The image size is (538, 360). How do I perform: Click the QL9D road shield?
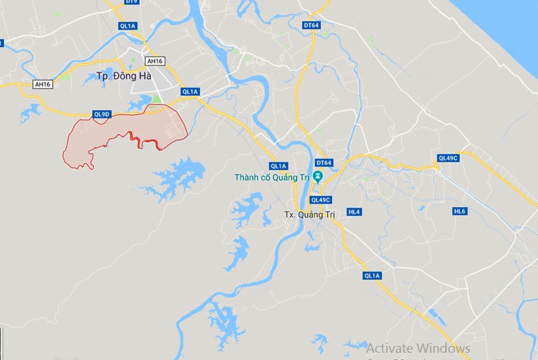tap(102, 114)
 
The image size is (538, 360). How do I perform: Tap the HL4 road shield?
tap(354, 212)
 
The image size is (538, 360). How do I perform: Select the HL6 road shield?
tap(459, 211)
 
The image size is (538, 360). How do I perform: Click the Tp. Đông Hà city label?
tap(124, 76)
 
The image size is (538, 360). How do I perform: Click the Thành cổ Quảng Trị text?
tap(272, 178)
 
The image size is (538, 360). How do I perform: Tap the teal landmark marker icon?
tap(318, 176)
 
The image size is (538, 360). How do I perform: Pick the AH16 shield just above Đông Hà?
tap(154, 61)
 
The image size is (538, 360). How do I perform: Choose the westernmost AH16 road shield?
tap(42, 84)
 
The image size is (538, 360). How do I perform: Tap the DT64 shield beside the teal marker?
tap(323, 163)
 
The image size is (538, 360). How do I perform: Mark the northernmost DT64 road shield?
tap(311, 25)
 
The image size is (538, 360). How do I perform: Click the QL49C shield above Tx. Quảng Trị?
tap(320, 200)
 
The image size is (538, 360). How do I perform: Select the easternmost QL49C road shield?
tap(447, 158)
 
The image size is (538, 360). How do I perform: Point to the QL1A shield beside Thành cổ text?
tap(279, 166)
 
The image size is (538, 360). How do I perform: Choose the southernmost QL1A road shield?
tap(371, 275)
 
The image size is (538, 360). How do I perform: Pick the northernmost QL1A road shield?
tap(128, 25)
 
